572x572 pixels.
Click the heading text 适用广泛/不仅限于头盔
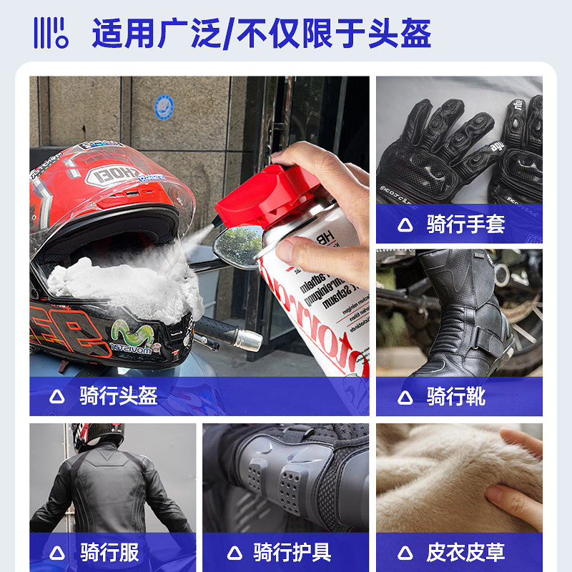(x=262, y=33)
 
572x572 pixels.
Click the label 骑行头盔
(x=119, y=396)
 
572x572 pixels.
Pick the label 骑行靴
(x=455, y=396)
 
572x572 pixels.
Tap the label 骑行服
(x=109, y=552)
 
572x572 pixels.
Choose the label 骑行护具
(x=292, y=552)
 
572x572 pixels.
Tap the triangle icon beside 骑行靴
(x=405, y=397)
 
